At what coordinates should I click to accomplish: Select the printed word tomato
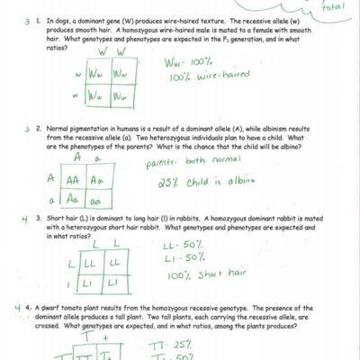coord(84,308)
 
